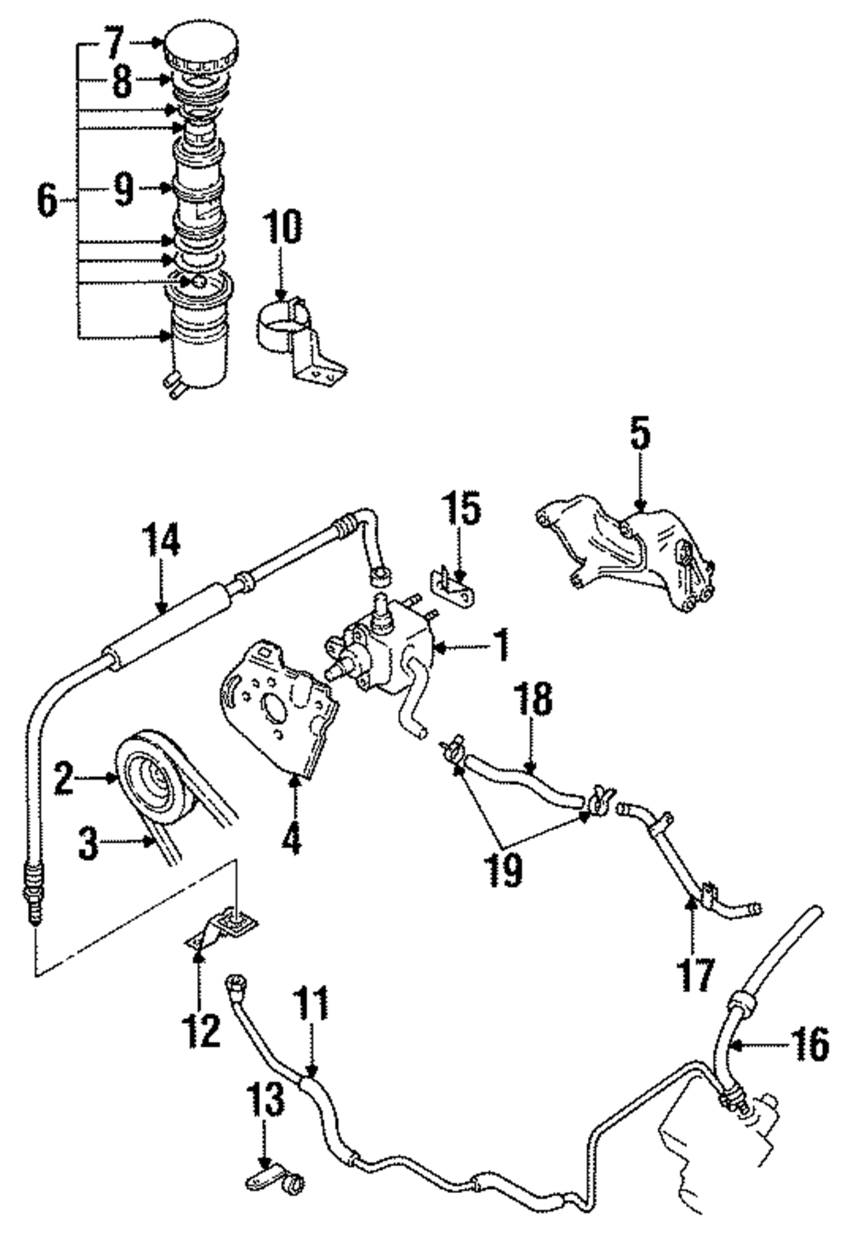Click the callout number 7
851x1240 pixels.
[x=114, y=40]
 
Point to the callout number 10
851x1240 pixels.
[x=283, y=229]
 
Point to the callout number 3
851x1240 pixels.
[x=90, y=845]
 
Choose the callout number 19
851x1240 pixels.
[x=508, y=871]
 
